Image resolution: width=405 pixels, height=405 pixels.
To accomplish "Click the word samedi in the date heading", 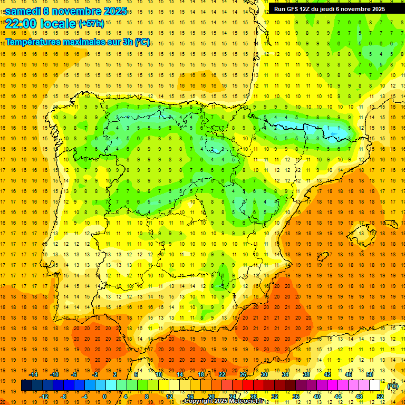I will point(24,11).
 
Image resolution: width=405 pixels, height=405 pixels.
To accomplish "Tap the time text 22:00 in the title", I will point(22,24).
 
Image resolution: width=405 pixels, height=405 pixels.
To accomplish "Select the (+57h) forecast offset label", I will point(91,24).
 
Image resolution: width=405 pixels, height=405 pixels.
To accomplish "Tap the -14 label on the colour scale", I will point(33,374).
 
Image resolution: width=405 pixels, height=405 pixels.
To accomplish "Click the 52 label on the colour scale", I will point(380,397).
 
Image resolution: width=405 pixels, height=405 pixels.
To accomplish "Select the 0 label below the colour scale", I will point(105,397).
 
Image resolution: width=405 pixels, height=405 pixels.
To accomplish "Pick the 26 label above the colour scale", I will point(243,374).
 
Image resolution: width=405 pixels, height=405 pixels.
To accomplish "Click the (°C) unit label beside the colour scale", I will point(393,386).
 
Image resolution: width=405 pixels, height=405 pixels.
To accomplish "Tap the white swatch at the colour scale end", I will point(374,385).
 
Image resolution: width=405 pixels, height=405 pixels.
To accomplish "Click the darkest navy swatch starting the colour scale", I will point(26,385).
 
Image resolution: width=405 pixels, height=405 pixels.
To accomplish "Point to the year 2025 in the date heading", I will point(114,11).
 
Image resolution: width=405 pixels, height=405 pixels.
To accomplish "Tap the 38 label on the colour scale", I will point(306,374).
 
